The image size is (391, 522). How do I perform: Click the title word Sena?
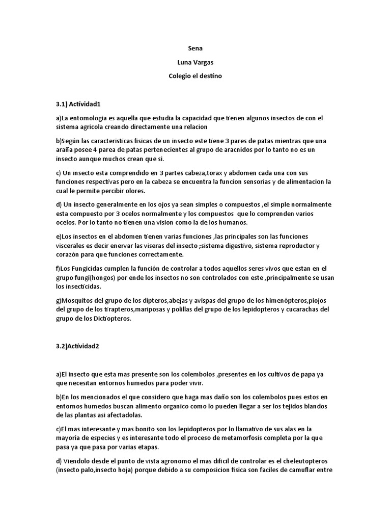coord(195,49)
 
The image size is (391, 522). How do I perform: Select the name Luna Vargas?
coord(195,63)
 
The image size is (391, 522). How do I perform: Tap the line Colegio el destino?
coord(195,76)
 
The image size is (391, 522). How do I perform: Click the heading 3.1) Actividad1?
coord(79,104)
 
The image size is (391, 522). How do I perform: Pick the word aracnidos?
coord(234,150)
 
